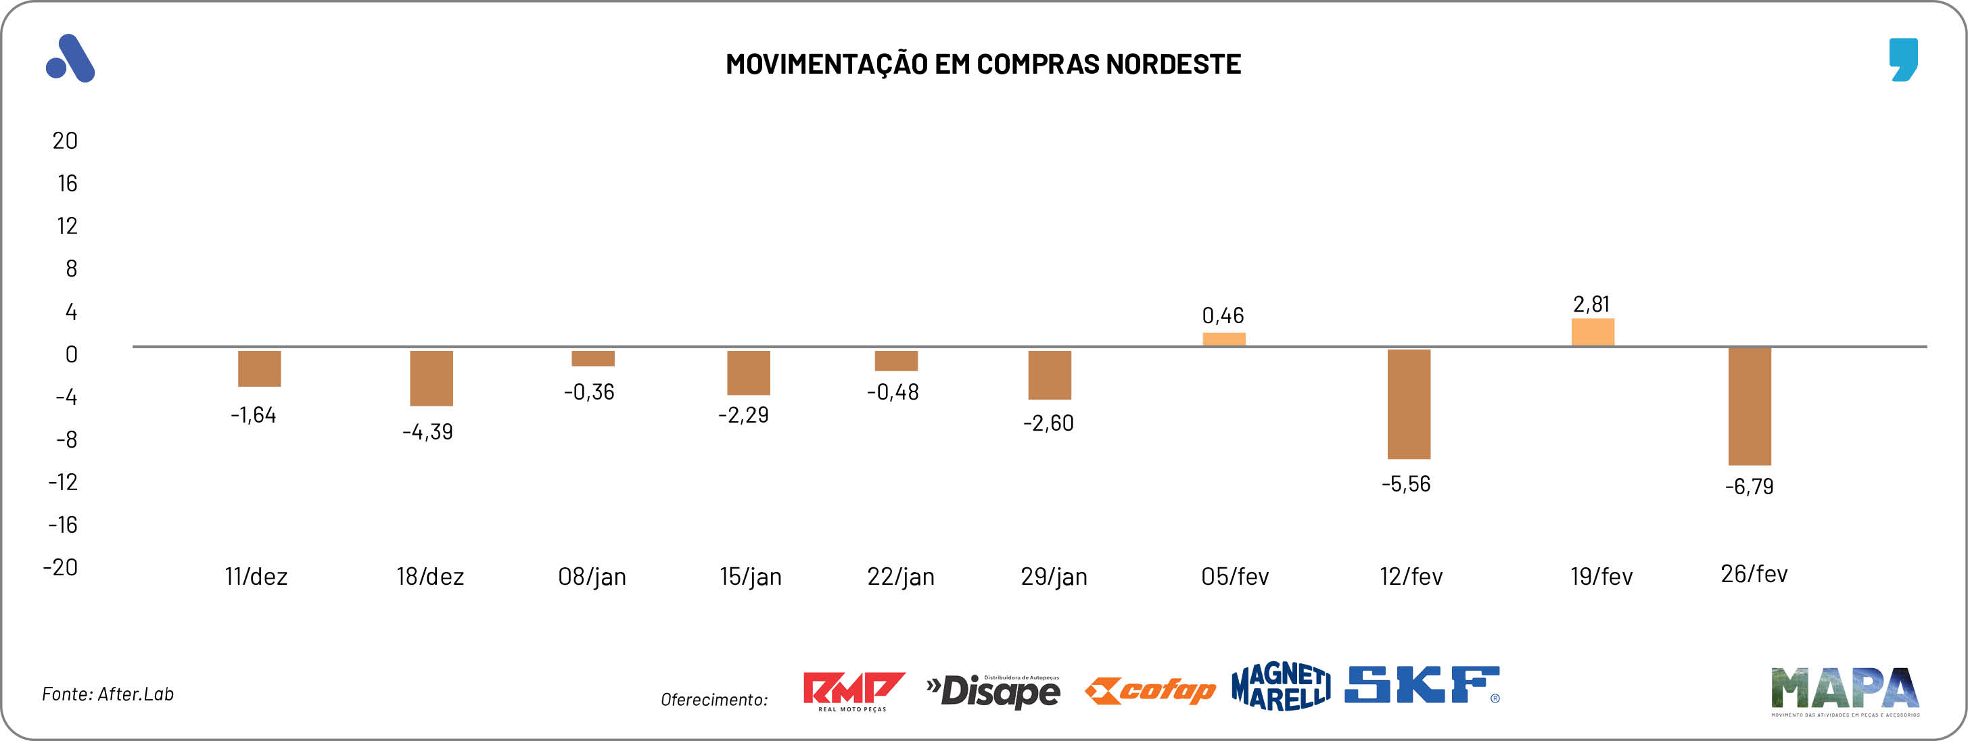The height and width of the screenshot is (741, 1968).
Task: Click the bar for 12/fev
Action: [1409, 404]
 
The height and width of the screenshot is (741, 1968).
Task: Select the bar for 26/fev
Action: [1750, 406]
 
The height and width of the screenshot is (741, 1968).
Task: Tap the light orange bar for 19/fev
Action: [1593, 333]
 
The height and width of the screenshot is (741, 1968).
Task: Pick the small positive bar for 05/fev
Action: [1224, 339]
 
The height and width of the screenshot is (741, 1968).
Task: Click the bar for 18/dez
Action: [431, 378]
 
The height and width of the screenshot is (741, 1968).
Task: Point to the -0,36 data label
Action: [589, 392]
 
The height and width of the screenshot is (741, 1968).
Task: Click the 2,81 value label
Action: [1591, 304]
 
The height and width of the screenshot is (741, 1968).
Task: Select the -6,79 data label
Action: [1750, 487]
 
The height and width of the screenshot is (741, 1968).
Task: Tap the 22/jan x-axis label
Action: [901, 576]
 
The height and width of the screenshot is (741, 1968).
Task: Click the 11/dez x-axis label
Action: [256, 576]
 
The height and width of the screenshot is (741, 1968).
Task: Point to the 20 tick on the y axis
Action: [65, 141]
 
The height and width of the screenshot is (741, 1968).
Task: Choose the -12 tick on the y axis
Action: [64, 482]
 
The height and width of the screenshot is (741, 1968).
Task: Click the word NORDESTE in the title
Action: [1173, 64]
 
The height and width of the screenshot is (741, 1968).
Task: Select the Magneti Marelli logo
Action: [1280, 686]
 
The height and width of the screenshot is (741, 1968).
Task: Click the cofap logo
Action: [1150, 690]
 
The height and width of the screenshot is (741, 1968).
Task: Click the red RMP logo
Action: [853, 690]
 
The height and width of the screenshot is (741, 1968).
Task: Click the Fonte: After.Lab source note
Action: [108, 694]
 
